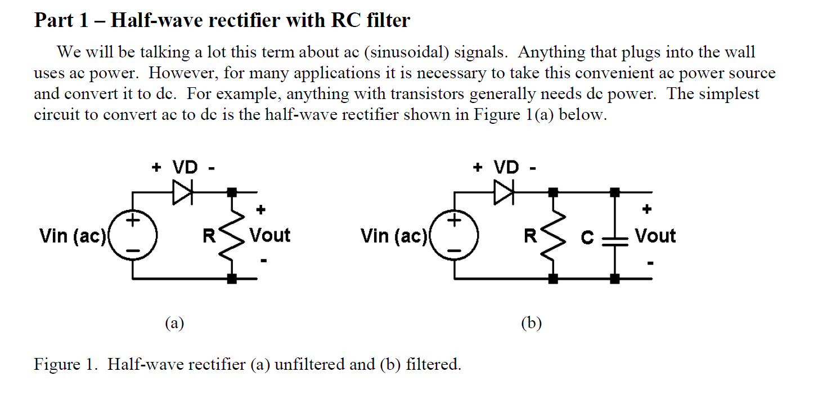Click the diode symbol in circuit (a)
(183, 193)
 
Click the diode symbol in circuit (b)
(505, 193)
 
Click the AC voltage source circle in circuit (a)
(133, 235)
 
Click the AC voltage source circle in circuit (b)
(455, 235)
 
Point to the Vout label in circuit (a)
(269, 235)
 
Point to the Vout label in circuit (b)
(655, 235)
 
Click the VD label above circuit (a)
(185, 167)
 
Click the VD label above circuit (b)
(506, 167)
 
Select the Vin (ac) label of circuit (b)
(394, 236)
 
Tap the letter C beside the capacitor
(587, 238)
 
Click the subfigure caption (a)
(174, 323)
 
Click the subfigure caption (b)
(531, 323)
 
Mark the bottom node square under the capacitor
(615, 278)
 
